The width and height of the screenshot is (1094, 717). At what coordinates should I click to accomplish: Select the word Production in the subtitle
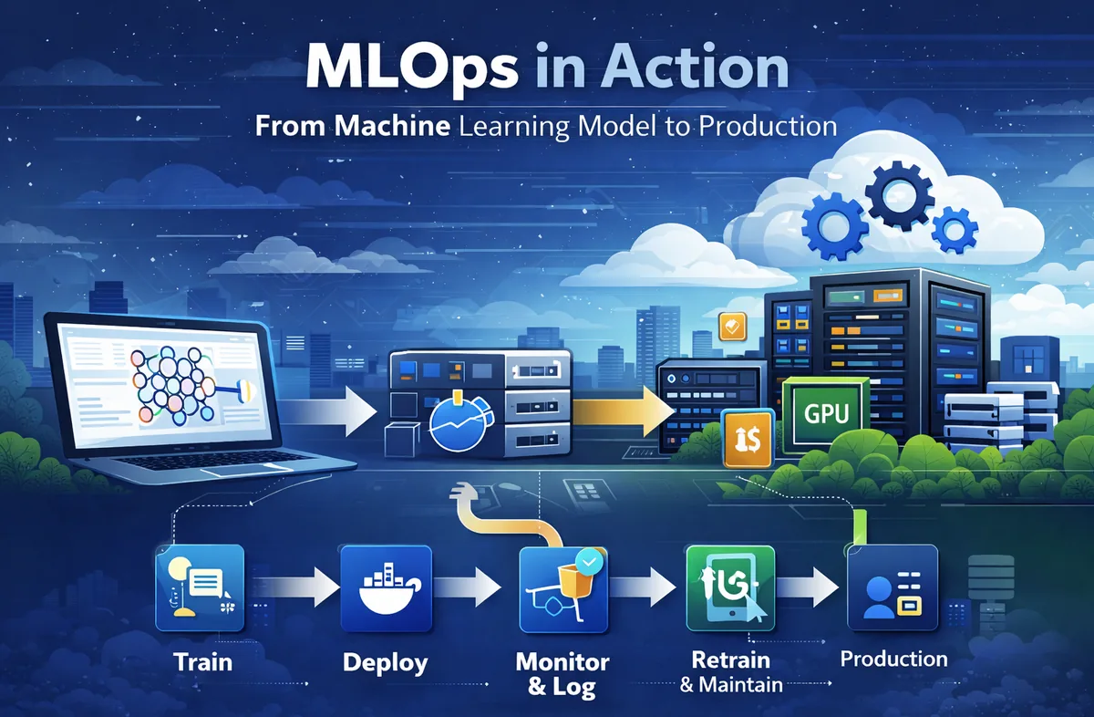(768, 125)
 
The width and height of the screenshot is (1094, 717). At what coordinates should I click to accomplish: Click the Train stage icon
(200, 587)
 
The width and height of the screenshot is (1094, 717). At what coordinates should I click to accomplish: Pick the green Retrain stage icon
(728, 587)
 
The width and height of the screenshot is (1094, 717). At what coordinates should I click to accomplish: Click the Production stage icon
(893, 587)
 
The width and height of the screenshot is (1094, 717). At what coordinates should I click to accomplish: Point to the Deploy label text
(385, 662)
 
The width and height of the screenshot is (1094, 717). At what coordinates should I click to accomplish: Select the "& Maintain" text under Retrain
(731, 683)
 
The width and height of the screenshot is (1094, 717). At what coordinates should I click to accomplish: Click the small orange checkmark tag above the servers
(731, 326)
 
